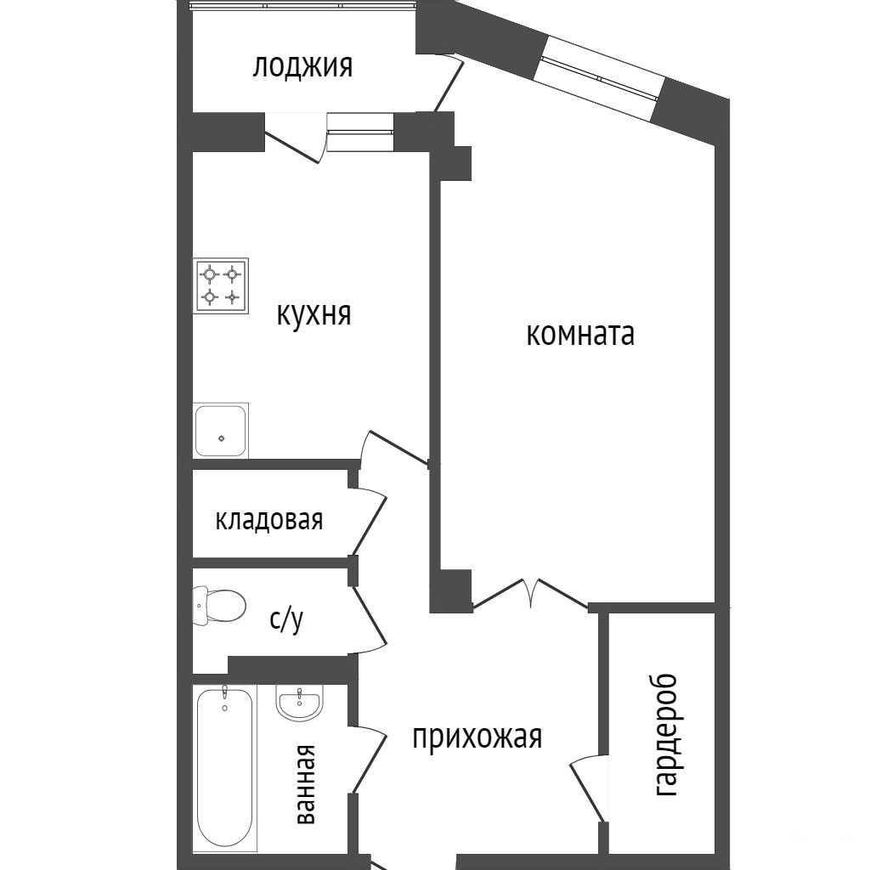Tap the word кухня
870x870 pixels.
click(x=314, y=314)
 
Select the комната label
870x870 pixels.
click(x=580, y=335)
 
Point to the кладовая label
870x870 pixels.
click(x=269, y=520)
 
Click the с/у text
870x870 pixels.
click(x=287, y=619)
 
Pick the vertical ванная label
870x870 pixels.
click(x=306, y=784)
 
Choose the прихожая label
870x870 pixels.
click(x=477, y=737)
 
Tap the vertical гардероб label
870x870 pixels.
click(x=666, y=735)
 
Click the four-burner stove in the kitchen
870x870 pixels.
click(x=221, y=285)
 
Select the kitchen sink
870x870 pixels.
click(x=221, y=431)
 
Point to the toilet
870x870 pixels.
click(x=218, y=605)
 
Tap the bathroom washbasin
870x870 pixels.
click(x=298, y=703)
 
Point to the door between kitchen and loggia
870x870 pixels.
click(x=295, y=138)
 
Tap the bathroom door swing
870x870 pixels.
click(x=369, y=758)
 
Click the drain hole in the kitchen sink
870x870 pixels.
click(x=222, y=438)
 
